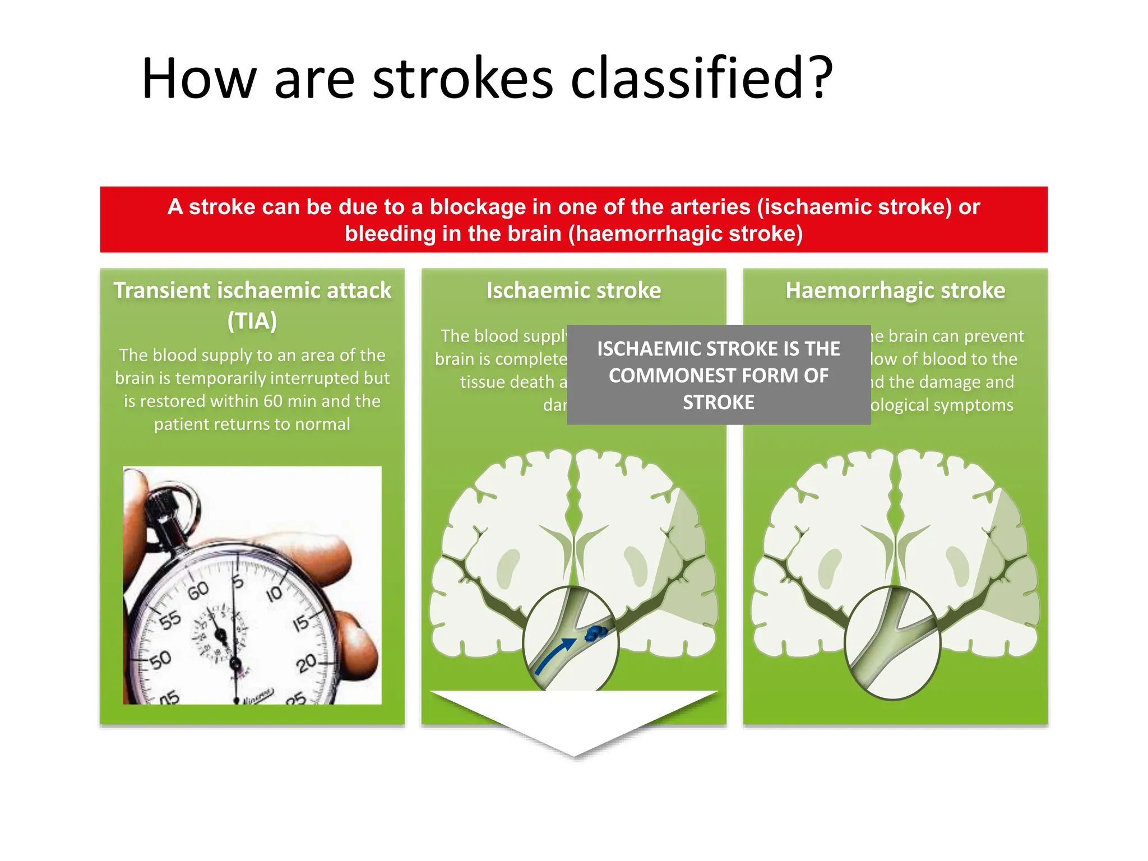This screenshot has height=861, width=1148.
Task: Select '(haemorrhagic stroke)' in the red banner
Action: tap(686, 233)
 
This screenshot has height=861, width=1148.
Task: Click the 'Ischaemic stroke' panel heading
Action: tap(573, 290)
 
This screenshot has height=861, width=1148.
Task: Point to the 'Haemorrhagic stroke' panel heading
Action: tap(895, 290)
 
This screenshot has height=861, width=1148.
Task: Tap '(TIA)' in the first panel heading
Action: tap(252, 321)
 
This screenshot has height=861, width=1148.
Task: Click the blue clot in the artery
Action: tap(596, 633)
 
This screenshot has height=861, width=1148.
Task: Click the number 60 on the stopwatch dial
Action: tap(198, 590)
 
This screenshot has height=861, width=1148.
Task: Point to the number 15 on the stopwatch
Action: tap(301, 623)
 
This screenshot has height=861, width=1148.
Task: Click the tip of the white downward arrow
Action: tap(574, 754)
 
